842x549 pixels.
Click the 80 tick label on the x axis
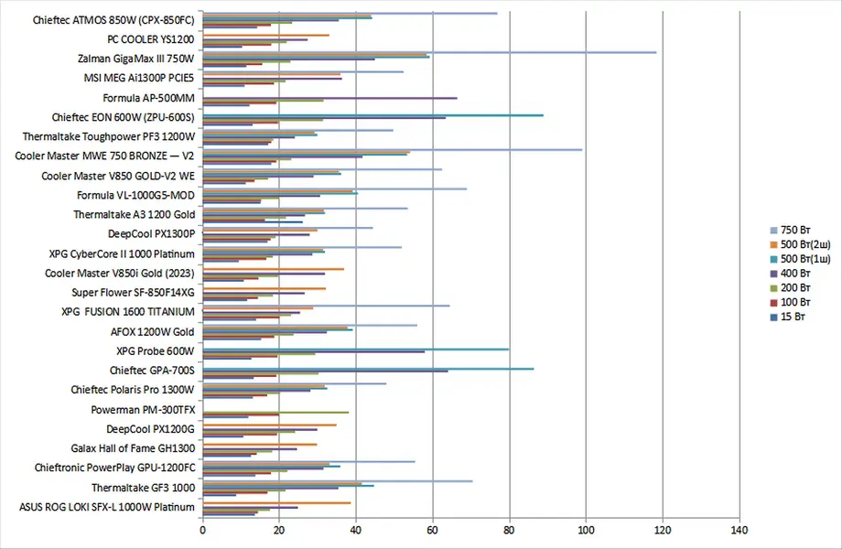click(x=509, y=530)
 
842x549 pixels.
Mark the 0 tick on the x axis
click(x=202, y=530)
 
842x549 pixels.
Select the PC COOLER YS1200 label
click(x=150, y=39)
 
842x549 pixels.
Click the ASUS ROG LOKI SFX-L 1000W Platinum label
click(x=107, y=507)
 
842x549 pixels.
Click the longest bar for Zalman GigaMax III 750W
click(x=429, y=52)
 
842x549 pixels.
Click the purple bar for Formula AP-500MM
click(x=329, y=98)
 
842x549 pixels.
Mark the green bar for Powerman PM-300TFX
click(x=275, y=412)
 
